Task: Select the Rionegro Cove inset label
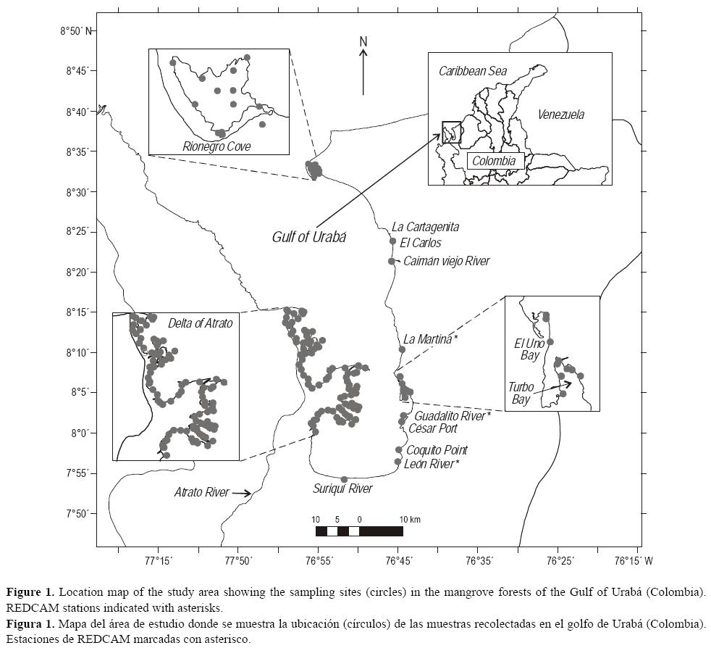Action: pos(216,146)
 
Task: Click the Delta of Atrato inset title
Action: pos(200,323)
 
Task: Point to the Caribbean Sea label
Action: pos(473,71)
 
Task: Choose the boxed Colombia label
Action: pos(495,161)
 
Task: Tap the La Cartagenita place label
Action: pos(425,227)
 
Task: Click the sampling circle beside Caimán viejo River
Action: pos(392,261)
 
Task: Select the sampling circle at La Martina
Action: pos(402,349)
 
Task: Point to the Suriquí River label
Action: pos(342,489)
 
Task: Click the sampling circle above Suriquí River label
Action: pos(344,479)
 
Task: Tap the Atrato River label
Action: pos(201,492)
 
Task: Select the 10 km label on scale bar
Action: pos(409,520)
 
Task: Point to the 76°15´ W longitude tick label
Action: pos(637,560)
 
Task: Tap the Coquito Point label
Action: pos(437,450)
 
